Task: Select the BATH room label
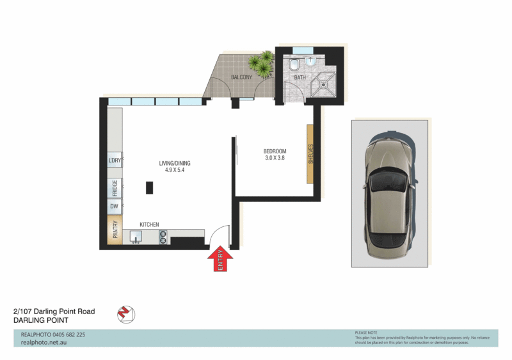300,78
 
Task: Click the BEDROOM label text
275,151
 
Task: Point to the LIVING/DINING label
175,163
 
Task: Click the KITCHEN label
149,224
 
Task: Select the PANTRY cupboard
115,231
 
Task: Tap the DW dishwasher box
115,207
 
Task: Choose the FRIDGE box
115,187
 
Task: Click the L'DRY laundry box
115,160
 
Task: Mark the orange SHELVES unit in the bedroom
310,153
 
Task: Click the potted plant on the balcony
261,63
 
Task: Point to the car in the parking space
388,194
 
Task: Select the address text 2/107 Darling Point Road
54,311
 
